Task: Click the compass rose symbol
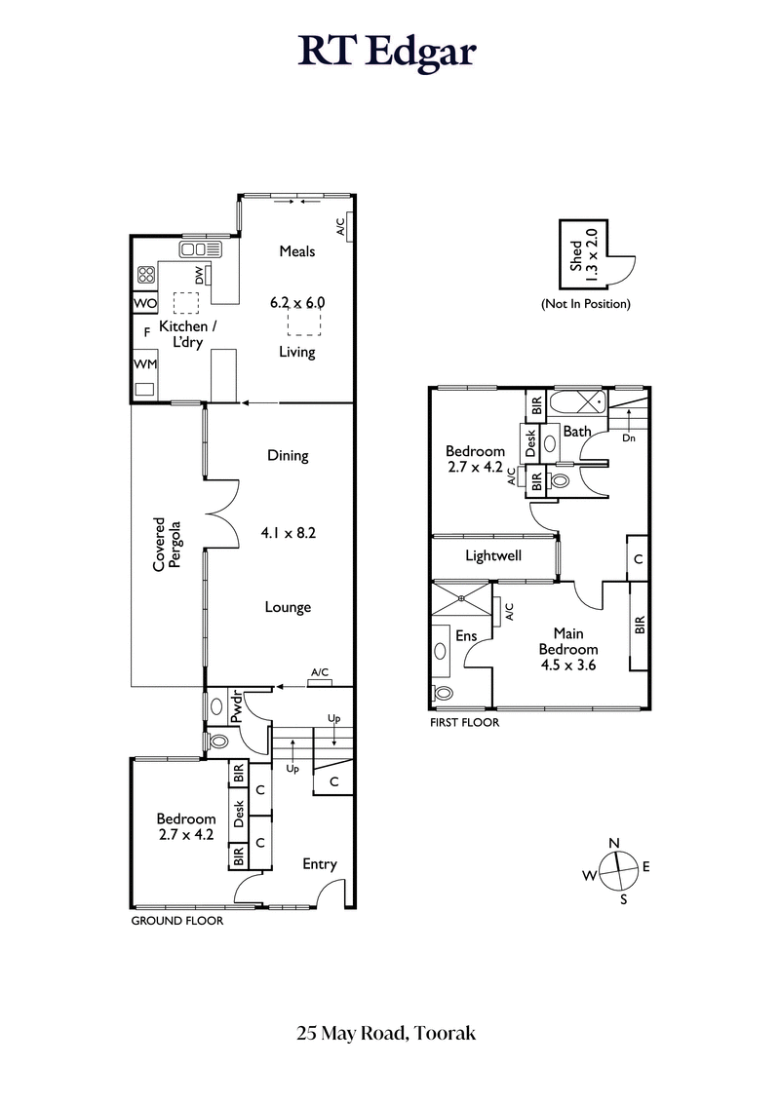tap(615, 867)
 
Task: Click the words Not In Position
tap(585, 304)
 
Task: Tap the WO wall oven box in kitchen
tap(143, 304)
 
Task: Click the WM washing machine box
tap(143, 364)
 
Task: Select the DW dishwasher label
tap(199, 276)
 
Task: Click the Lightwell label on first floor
tap(492, 556)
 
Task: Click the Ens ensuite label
tap(466, 635)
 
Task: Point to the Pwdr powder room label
tap(235, 707)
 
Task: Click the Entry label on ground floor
tap(319, 864)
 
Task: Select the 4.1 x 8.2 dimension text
tap(289, 533)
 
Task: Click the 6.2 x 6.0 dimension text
tap(297, 303)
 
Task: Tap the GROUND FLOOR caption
tap(176, 920)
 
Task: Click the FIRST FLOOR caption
tap(464, 723)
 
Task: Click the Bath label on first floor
tap(577, 431)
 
